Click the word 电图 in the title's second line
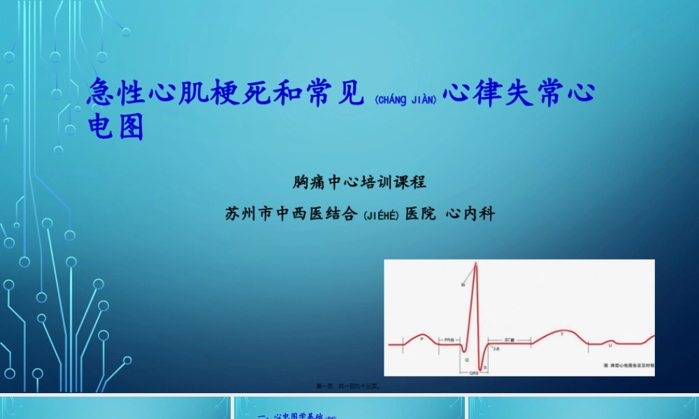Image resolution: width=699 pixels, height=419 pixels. [x=115, y=127]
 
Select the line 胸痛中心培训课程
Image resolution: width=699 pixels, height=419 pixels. [x=359, y=183]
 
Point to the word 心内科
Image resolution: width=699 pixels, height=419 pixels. [x=470, y=214]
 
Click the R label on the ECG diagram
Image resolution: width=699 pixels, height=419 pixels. [x=463, y=285]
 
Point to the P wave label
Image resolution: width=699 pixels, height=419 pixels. [x=421, y=338]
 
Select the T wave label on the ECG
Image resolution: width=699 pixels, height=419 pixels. [x=561, y=334]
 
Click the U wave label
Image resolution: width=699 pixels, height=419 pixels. [x=610, y=344]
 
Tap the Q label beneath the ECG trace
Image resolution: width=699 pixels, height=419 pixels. [x=467, y=358]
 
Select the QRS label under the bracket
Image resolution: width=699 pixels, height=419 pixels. [x=473, y=374]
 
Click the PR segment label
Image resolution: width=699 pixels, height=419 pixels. [x=449, y=339]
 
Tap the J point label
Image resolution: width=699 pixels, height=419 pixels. [x=496, y=348]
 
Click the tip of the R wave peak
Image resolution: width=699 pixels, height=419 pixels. [x=476, y=263]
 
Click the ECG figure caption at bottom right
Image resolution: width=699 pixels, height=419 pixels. [x=628, y=365]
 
